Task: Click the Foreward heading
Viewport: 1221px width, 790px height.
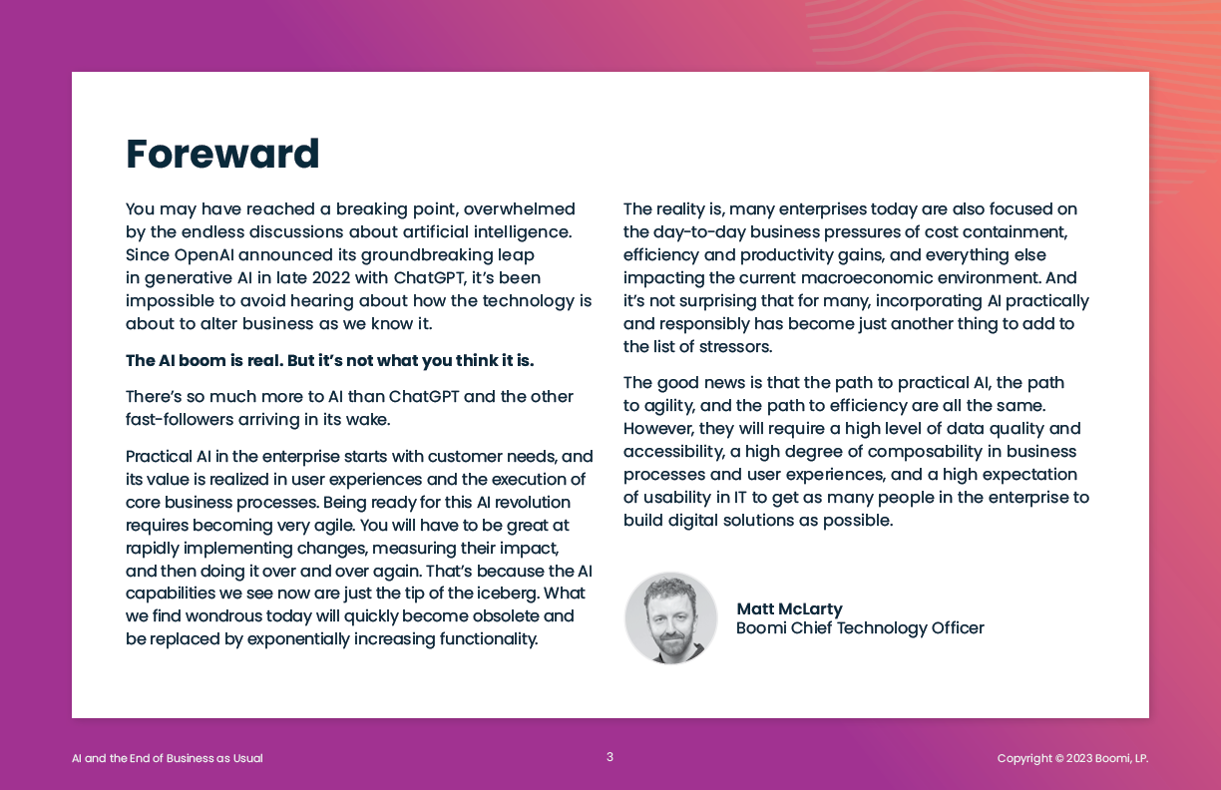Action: coord(222,155)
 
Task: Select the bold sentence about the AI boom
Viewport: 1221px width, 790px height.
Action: coord(329,360)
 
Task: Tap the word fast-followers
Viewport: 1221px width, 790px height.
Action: coord(178,420)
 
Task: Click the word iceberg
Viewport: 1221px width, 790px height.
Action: coord(506,593)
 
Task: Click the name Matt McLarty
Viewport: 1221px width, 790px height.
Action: coord(789,608)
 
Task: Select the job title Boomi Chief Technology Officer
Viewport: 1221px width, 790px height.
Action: coord(860,627)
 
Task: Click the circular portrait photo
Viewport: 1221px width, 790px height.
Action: coord(670,617)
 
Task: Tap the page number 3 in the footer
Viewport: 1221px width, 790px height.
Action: coord(610,757)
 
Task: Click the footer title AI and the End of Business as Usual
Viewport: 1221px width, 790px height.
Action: coord(168,758)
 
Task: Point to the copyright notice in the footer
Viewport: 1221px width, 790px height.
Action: coord(1072,758)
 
